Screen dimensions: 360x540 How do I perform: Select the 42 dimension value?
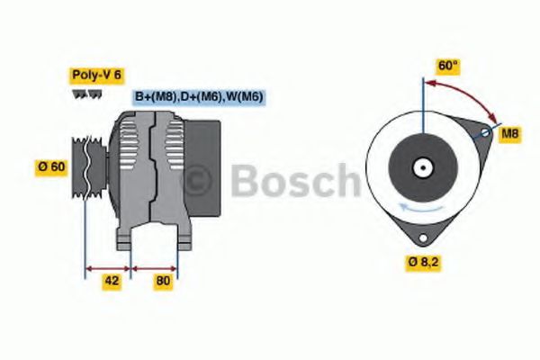coord(112,281)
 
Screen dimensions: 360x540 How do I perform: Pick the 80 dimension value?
coord(163,281)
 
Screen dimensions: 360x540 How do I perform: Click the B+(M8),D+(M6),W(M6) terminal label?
coord(199,97)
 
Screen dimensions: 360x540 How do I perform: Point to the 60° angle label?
coord(447,67)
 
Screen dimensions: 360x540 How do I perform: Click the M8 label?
coord(510,134)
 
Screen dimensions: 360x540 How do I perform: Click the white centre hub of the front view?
coord(421,166)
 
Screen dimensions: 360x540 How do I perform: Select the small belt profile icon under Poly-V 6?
coord(81,94)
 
